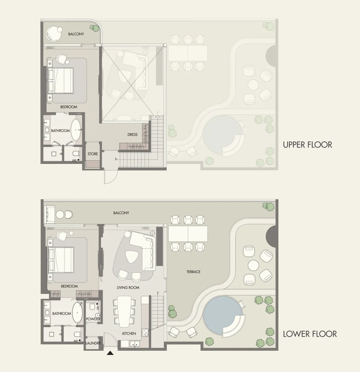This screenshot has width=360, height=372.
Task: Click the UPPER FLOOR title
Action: pyautogui.click(x=307, y=145)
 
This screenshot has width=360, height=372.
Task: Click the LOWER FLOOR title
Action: pyautogui.click(x=310, y=334)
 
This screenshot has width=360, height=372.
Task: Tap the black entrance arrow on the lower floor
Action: pyautogui.click(x=110, y=353)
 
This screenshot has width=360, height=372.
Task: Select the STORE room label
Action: pyautogui.click(x=92, y=154)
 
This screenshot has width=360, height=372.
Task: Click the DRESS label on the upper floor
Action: pyautogui.click(x=132, y=135)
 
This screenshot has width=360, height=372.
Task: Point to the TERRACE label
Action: pyautogui.click(x=193, y=272)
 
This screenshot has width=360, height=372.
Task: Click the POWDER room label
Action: pyautogui.click(x=93, y=319)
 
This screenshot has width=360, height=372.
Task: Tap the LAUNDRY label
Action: pyautogui.click(x=93, y=343)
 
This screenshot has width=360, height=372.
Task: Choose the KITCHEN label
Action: pyautogui.click(x=129, y=334)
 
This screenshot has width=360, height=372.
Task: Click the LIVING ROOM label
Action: pyautogui.click(x=128, y=287)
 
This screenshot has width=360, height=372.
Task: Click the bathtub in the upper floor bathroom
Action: pyautogui.click(x=76, y=130)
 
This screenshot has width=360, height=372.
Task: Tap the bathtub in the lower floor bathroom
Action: pyautogui.click(x=78, y=313)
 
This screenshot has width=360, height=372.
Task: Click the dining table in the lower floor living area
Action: pyautogui.click(x=125, y=312)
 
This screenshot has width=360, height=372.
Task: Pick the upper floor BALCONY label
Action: pyautogui.click(x=76, y=34)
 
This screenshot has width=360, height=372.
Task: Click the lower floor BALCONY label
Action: pyautogui.click(x=121, y=213)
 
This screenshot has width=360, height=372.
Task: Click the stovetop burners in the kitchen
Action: pyautogui.click(x=145, y=333)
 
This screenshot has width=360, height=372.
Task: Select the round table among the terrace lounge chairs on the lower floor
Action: pyautogui.click(x=253, y=265)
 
